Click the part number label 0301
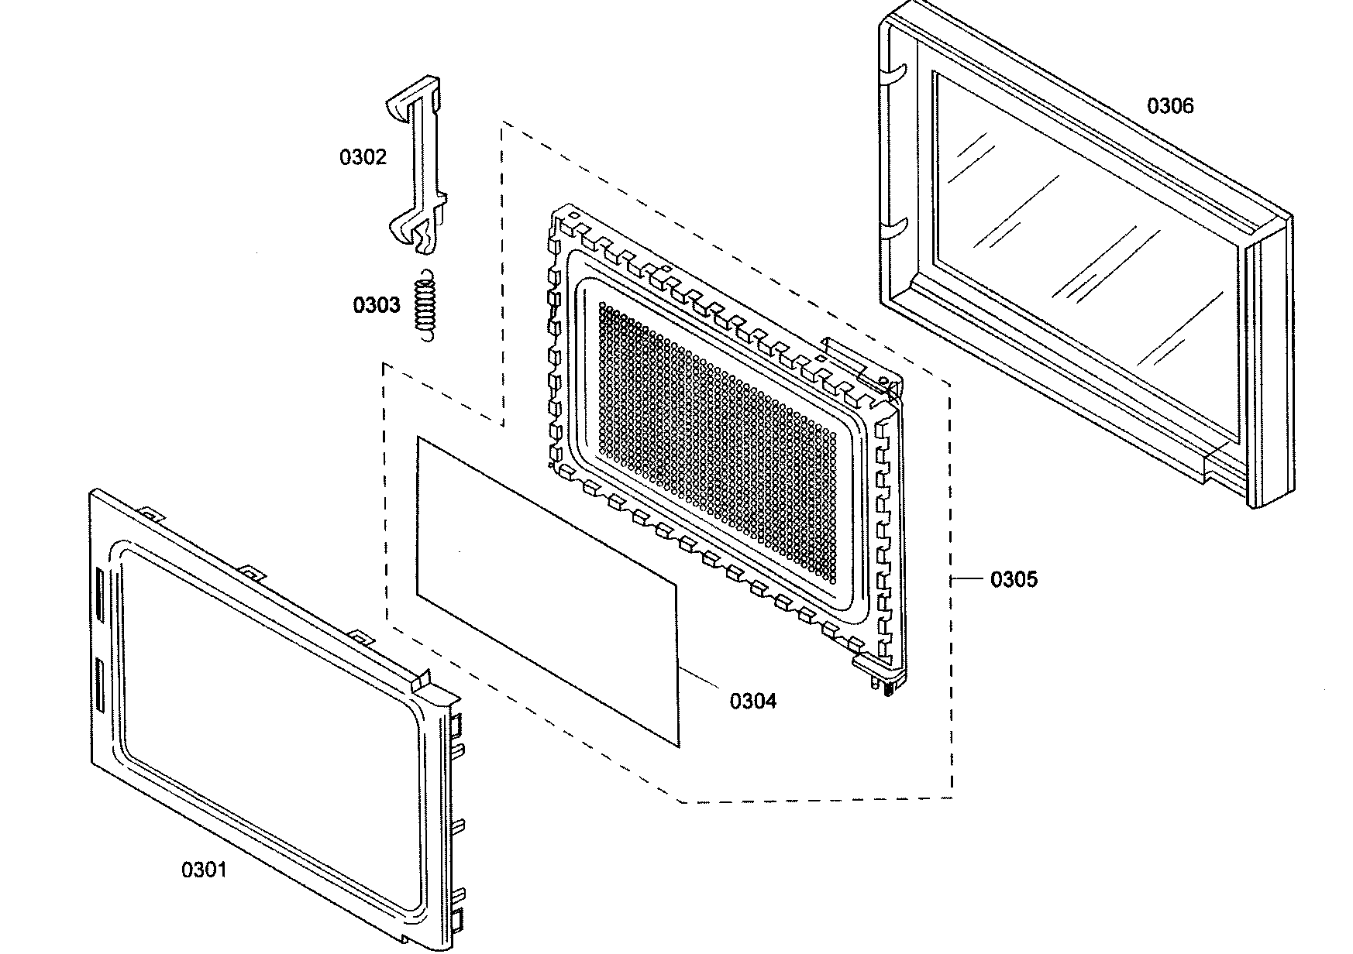(205, 870)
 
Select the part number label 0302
(363, 157)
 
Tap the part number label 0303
(377, 305)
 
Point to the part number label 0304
(752, 702)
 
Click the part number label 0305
(1014, 579)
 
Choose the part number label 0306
(1170, 106)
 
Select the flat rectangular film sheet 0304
(546, 589)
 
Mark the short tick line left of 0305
(967, 578)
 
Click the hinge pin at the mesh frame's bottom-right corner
(888, 684)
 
